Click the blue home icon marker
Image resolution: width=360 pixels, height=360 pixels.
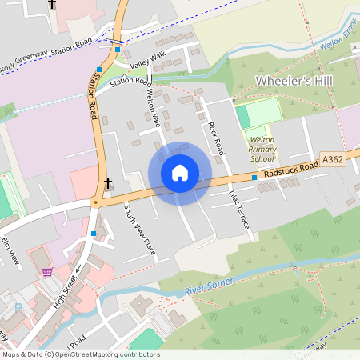click(180, 173)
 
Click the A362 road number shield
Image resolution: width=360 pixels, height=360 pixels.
click(334, 160)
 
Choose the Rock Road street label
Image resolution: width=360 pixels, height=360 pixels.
click(214, 138)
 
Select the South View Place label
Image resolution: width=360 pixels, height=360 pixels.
click(139, 230)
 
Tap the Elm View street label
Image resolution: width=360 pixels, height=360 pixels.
click(10, 250)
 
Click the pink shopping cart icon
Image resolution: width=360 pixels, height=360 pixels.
click(48, 272)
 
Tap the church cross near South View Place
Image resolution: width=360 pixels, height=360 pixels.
click(108, 183)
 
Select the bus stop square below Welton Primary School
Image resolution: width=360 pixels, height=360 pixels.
click(254, 177)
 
